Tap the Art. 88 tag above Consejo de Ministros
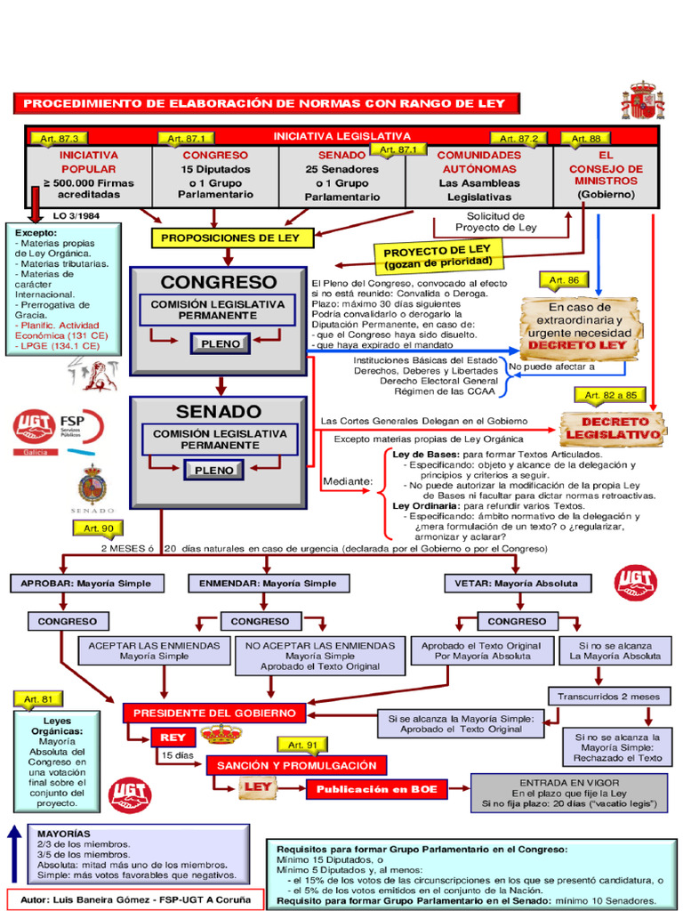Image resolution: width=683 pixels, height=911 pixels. [586, 139]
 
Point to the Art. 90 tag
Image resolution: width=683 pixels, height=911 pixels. [99, 528]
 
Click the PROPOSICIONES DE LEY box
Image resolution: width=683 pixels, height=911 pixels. [231, 238]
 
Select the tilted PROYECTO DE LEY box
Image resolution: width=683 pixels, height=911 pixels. [438, 256]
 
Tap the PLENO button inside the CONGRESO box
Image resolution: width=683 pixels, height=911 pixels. [221, 344]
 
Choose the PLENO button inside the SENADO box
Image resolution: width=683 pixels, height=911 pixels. [214, 470]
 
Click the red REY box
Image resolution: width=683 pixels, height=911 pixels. [173, 738]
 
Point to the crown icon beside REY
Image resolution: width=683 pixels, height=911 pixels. [221, 735]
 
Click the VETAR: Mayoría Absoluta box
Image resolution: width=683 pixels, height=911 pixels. [516, 584]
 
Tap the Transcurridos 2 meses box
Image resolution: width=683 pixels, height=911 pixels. [608, 696]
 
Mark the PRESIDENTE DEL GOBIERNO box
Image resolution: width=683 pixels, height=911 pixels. [214, 713]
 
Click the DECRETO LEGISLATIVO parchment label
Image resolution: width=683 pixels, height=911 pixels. [614, 428]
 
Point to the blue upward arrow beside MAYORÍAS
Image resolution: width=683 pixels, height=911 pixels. [14, 853]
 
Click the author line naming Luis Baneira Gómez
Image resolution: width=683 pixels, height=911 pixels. [135, 899]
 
